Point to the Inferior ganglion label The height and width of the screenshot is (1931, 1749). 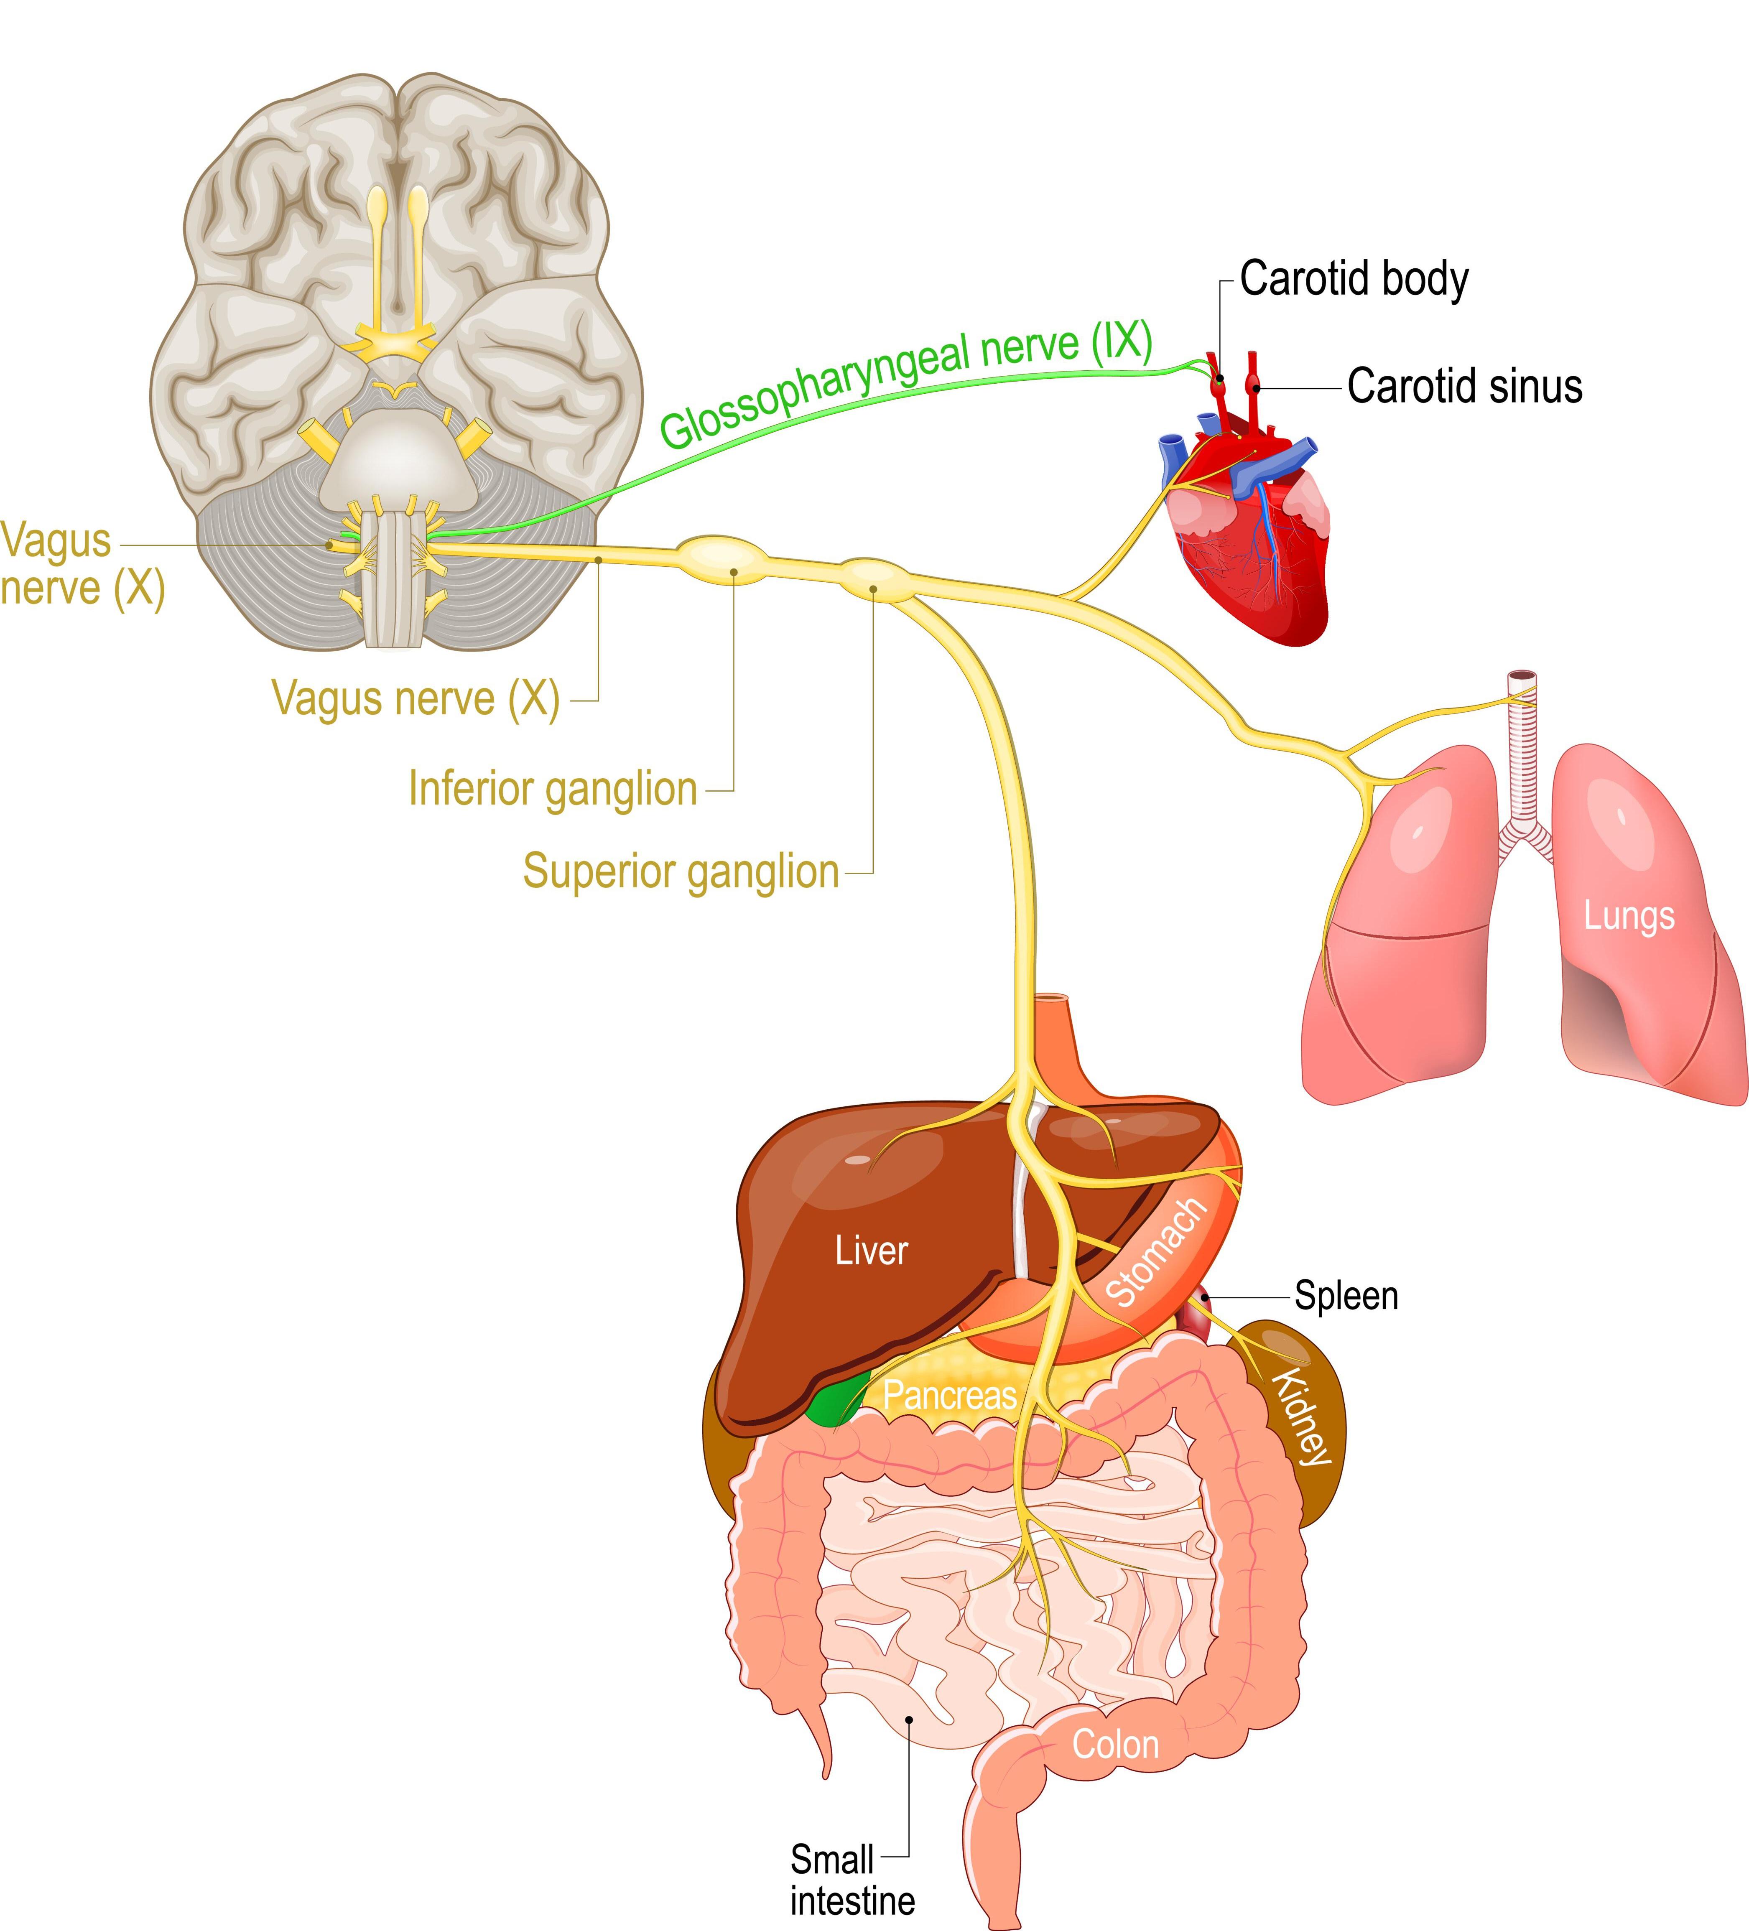coord(553,789)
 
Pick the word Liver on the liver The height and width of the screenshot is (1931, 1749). coord(871,1251)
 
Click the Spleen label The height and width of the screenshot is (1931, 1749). coord(1346,1296)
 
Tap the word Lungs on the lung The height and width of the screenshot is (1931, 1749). coord(1628,916)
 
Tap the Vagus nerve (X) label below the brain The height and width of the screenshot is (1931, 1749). coord(416,698)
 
